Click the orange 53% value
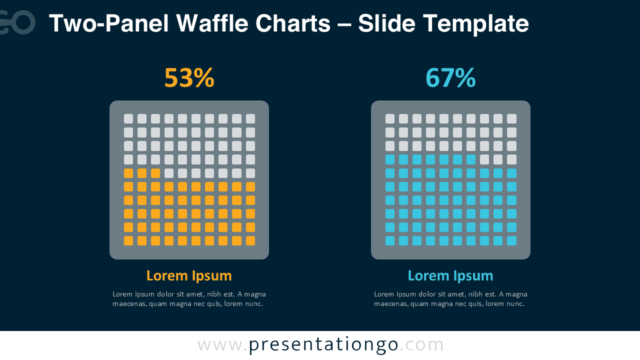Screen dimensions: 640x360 [189, 77]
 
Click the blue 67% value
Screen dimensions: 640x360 [450, 77]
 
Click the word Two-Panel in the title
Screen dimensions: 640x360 [109, 23]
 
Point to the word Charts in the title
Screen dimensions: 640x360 [293, 23]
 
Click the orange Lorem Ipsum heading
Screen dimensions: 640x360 [189, 276]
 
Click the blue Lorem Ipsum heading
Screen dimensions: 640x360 [450, 276]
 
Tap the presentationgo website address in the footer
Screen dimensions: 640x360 [320, 345]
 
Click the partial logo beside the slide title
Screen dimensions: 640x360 [17, 22]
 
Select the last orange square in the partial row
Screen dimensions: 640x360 [155, 173]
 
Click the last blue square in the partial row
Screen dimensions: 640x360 [471, 159]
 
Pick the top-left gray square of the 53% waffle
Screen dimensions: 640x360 [128, 119]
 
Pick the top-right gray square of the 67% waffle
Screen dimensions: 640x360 [511, 119]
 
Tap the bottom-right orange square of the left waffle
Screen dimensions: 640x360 [250, 241]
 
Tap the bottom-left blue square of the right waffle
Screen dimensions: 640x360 [390, 241]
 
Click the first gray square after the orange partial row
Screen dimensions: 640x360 [169, 173]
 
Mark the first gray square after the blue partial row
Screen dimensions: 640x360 [484, 159]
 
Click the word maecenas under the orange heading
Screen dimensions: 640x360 [130, 303]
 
